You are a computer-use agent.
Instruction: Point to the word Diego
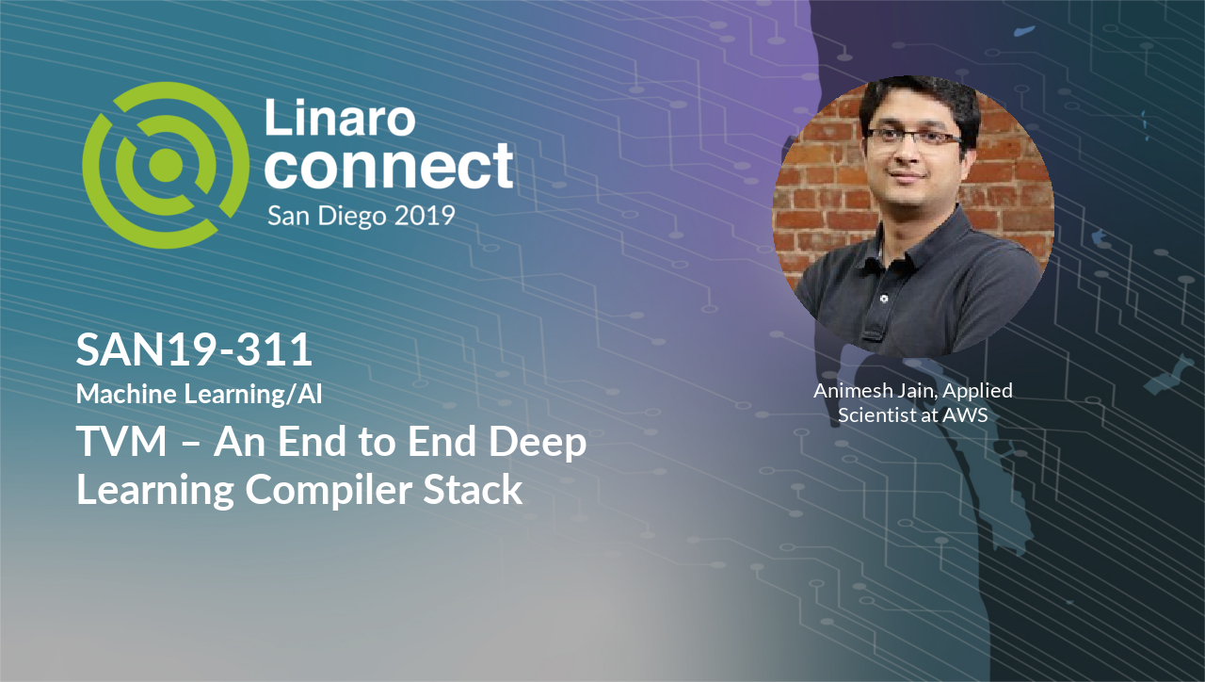352,217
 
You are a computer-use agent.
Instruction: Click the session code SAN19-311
194,349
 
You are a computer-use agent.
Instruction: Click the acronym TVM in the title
122,442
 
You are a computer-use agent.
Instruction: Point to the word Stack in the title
473,489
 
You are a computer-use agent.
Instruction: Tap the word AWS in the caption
966,415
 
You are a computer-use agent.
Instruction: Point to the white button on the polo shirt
884,299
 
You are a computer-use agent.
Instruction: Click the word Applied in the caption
977,391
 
